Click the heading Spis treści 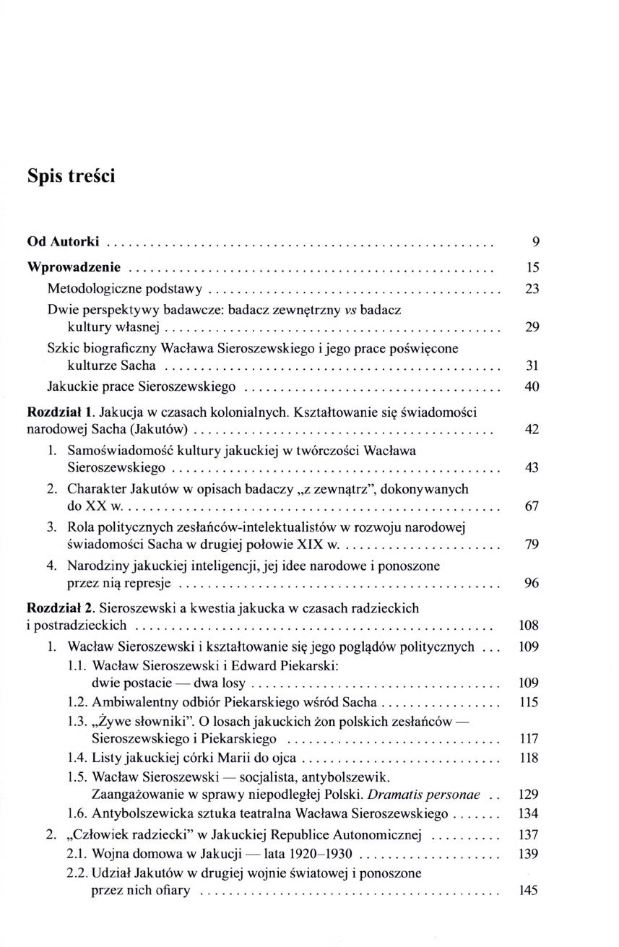pos(71,176)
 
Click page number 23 pos(532,289)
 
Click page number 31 pos(532,366)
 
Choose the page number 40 pos(532,387)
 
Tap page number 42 pos(532,431)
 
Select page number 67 pos(532,506)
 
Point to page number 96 pos(532,583)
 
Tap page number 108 pos(529,626)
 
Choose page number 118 pos(529,758)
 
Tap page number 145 pos(529,891)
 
